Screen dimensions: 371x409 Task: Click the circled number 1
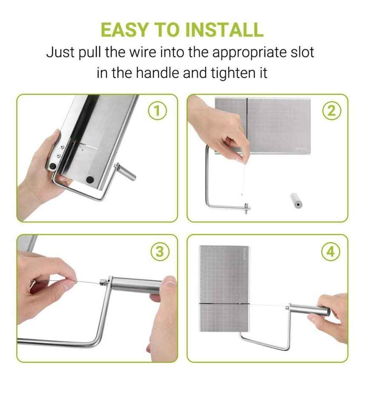158,111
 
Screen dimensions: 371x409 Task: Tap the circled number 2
331,111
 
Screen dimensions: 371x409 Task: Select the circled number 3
160,252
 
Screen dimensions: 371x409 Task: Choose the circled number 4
331,252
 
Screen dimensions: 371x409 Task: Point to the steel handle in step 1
126,171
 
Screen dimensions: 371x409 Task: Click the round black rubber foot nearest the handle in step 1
90,179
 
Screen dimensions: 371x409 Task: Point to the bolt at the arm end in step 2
247,207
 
